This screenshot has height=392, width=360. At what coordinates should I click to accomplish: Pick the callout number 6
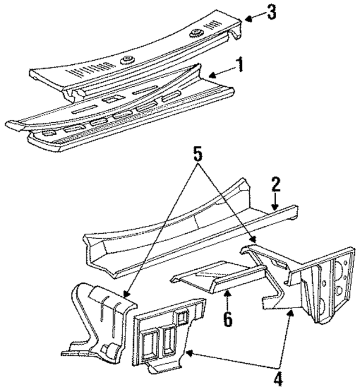(227, 319)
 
